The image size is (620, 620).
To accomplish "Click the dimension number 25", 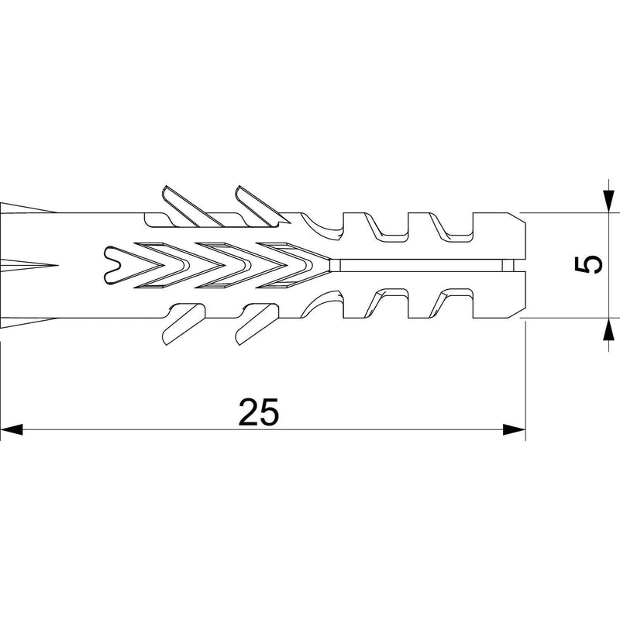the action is click(x=259, y=412).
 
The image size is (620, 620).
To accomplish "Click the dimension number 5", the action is click(x=588, y=264).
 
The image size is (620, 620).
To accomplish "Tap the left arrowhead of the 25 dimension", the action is click(x=12, y=429).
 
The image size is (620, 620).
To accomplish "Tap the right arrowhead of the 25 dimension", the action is click(x=514, y=429).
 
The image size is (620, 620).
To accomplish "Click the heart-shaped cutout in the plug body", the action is click(x=119, y=265).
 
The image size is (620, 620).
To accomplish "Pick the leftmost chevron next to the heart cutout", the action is click(x=160, y=265).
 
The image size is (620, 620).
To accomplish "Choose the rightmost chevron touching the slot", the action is click(x=294, y=265).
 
